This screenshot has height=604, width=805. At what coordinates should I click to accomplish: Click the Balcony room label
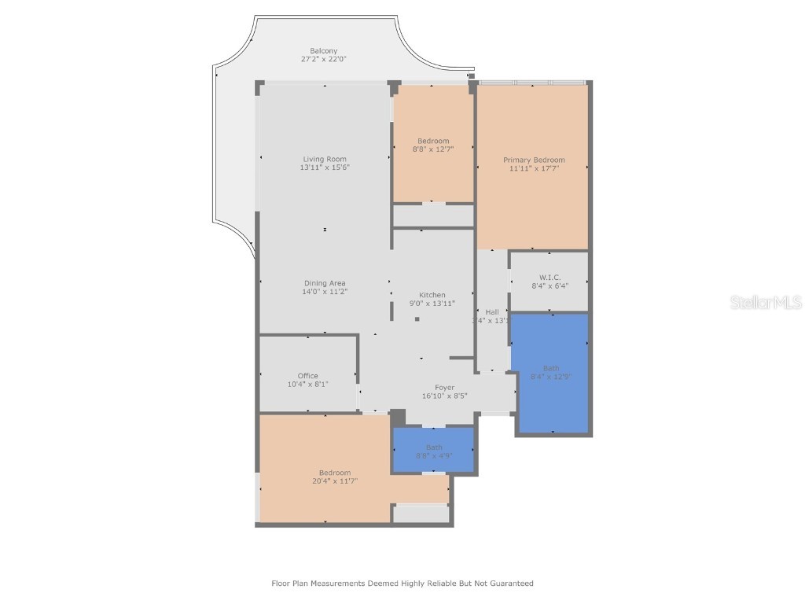click(x=323, y=51)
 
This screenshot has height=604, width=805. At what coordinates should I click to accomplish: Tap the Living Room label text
click(x=325, y=159)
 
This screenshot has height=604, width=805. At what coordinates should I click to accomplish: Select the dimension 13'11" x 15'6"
click(x=325, y=168)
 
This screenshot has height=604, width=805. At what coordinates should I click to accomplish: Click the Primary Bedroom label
click(x=534, y=160)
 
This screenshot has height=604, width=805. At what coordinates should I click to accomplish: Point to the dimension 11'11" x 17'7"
click(x=534, y=168)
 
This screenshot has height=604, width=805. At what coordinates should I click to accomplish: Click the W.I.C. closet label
click(x=549, y=277)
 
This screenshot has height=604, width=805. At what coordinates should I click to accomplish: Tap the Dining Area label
click(x=325, y=283)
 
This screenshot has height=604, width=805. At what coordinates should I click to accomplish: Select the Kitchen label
click(x=432, y=295)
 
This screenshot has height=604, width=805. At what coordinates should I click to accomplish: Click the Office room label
click(x=307, y=376)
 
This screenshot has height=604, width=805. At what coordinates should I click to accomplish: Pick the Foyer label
click(x=445, y=388)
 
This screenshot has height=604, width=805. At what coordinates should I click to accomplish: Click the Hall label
click(x=492, y=312)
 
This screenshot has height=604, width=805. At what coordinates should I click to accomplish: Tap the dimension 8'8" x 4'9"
click(x=434, y=456)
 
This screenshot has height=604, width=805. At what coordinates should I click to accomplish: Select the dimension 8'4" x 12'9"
click(x=550, y=377)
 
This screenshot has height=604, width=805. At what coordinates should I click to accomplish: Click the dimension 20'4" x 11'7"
click(x=335, y=481)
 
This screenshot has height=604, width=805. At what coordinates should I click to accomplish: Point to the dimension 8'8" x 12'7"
click(x=433, y=149)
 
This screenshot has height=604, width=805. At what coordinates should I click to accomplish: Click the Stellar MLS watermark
click(x=766, y=302)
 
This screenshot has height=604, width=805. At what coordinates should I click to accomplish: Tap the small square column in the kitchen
click(x=417, y=319)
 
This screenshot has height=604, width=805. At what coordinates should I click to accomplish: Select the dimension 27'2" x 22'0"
click(x=323, y=59)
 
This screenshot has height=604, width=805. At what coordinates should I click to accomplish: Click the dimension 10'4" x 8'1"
click(x=307, y=385)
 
